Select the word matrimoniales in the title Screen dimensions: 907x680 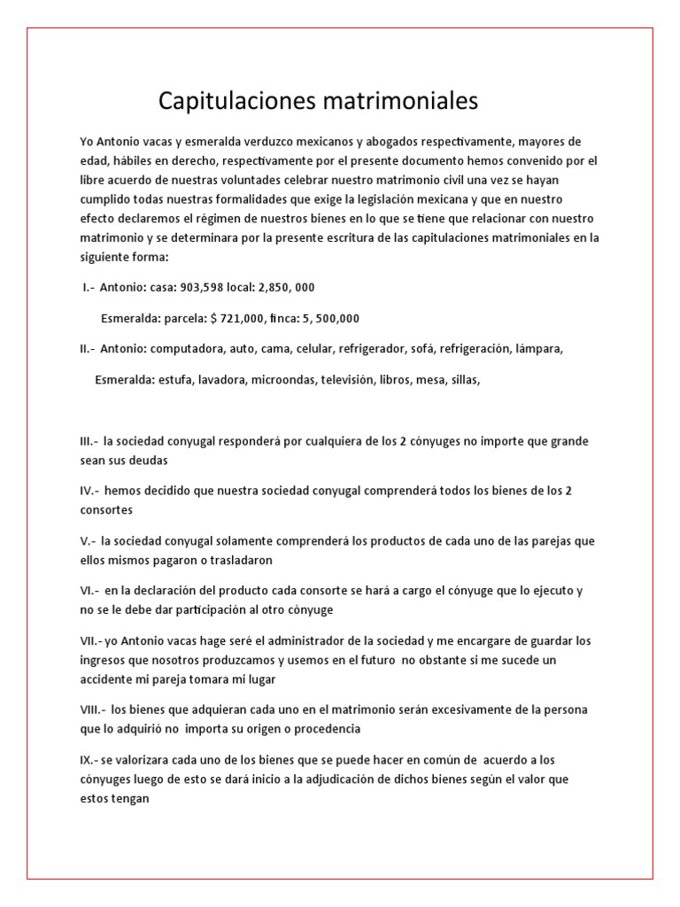click(x=397, y=102)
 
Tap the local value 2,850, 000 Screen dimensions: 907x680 click(x=283, y=288)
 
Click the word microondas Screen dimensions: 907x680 click(x=282, y=380)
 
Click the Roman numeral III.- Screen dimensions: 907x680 click(x=89, y=441)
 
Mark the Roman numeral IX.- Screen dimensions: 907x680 click(x=89, y=760)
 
